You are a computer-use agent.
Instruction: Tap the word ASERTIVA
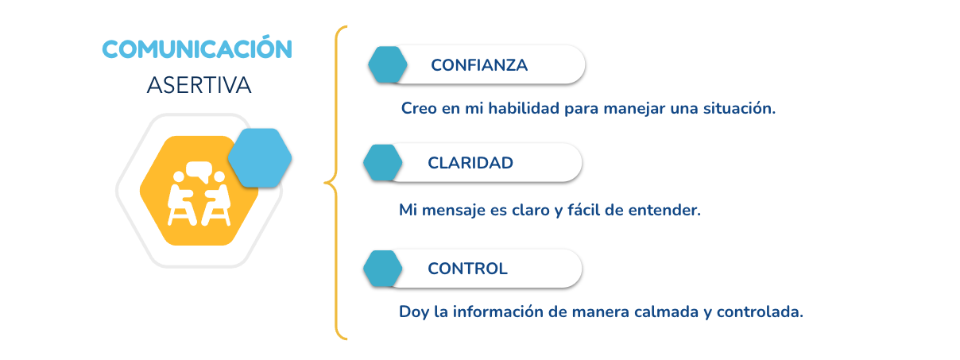199,85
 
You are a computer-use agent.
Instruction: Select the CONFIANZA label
479,65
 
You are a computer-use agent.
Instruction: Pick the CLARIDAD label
470,163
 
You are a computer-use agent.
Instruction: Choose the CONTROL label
467,269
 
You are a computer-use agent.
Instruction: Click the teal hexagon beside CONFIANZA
388,64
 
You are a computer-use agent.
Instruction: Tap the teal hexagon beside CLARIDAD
383,162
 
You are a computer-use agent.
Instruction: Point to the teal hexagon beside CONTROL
383,269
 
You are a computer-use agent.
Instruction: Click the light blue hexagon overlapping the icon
260,157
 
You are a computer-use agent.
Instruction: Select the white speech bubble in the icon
199,171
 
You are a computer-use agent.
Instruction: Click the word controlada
760,312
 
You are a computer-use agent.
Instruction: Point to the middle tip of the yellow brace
324,183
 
